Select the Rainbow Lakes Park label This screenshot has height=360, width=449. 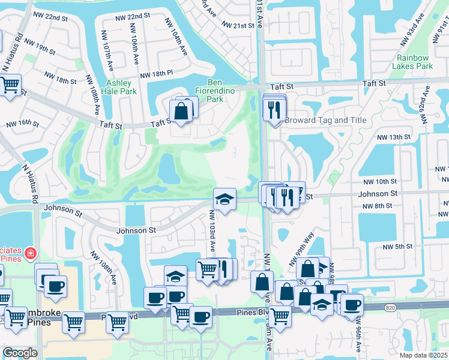(x=412, y=62)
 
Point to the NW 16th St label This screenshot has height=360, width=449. (x=22, y=124)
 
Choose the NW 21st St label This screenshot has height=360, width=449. (x=238, y=25)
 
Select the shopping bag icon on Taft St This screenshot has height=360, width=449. (x=181, y=110)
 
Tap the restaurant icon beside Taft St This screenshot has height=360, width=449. (x=275, y=109)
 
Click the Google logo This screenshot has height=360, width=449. (x=20, y=353)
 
